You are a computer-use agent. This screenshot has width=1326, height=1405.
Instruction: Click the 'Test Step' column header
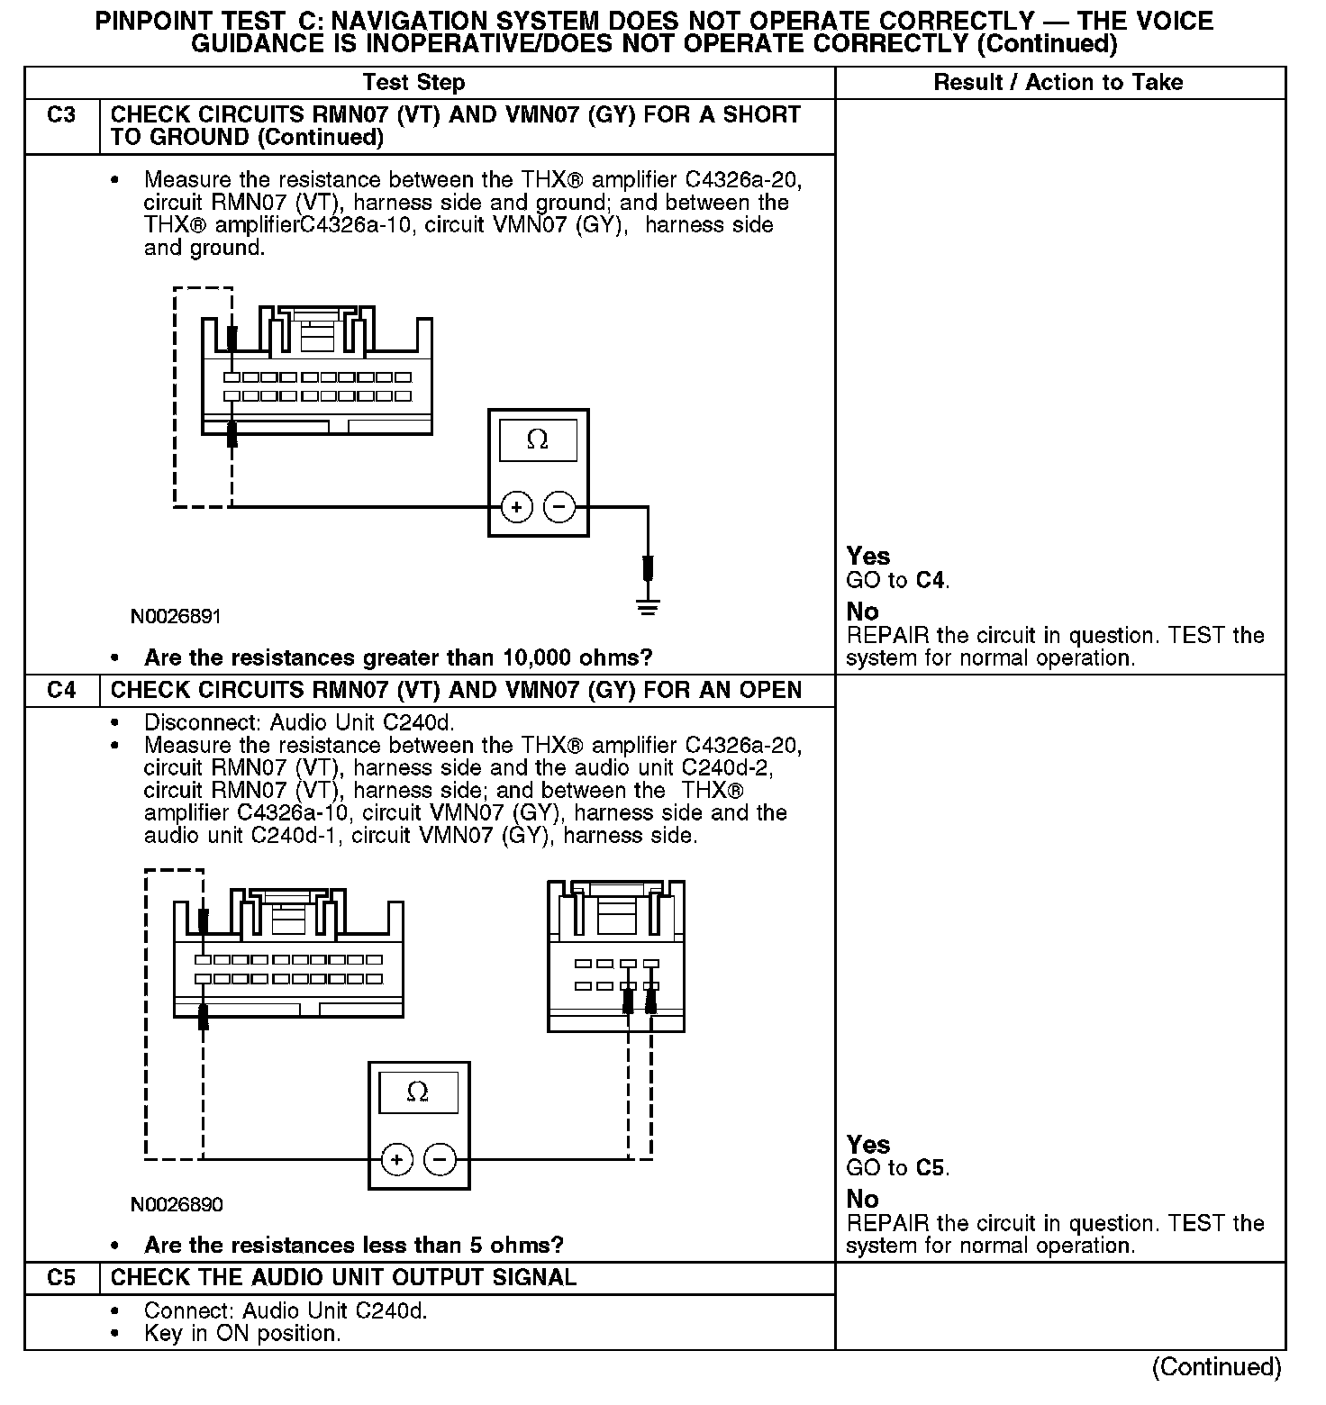[413, 83]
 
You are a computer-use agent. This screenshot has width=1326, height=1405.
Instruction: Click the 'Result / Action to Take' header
[1058, 83]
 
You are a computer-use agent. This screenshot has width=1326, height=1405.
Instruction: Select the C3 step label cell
[61, 115]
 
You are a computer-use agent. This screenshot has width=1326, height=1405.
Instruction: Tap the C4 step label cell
[61, 691]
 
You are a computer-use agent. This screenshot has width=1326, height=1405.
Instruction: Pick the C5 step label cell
[61, 1278]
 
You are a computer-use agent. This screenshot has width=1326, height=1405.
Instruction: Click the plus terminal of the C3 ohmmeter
[516, 508]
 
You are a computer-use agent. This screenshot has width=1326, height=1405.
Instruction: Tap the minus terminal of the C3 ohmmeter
[560, 508]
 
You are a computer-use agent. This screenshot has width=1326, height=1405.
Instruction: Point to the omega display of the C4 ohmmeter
[418, 1092]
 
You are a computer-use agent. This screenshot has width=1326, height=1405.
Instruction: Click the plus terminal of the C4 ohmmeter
[396, 1159]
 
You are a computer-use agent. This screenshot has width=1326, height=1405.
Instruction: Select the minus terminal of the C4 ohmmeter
[440, 1159]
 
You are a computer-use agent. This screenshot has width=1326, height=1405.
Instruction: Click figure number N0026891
[176, 617]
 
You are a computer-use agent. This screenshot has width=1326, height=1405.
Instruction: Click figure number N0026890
[177, 1205]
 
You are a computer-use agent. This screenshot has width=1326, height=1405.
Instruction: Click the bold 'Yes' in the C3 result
[867, 557]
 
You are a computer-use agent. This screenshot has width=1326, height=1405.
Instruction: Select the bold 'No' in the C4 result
[862, 1200]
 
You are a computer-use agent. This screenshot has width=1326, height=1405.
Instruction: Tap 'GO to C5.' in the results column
[898, 1169]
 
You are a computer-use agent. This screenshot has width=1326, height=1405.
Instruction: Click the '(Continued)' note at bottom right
[1216, 1366]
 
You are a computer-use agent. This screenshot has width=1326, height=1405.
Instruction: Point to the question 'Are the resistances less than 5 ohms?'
[353, 1246]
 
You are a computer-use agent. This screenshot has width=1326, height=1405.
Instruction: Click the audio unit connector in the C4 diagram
[616, 956]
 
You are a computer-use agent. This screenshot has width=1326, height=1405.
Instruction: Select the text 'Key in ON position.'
[241, 1334]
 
